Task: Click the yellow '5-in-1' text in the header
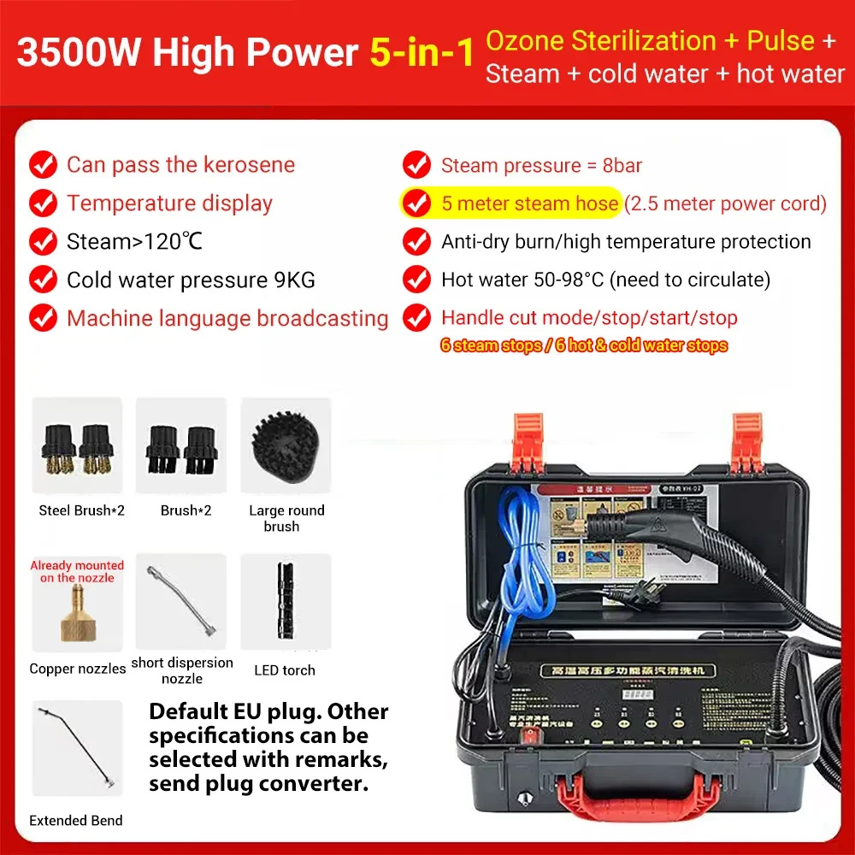pyautogui.click(x=422, y=53)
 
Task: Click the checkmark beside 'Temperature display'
pyautogui.click(x=44, y=203)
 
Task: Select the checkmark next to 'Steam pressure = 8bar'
pyautogui.click(x=416, y=165)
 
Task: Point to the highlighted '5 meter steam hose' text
pyautogui.click(x=529, y=203)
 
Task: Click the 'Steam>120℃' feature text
pyautogui.click(x=134, y=242)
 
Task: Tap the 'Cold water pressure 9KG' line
pyautogui.click(x=191, y=280)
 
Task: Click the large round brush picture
pyautogui.click(x=285, y=446)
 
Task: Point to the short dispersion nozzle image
pyautogui.click(x=180, y=601)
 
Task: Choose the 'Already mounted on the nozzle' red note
pyautogui.click(x=77, y=571)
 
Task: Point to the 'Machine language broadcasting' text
pyautogui.click(x=227, y=319)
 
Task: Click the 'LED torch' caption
pyautogui.click(x=286, y=670)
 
